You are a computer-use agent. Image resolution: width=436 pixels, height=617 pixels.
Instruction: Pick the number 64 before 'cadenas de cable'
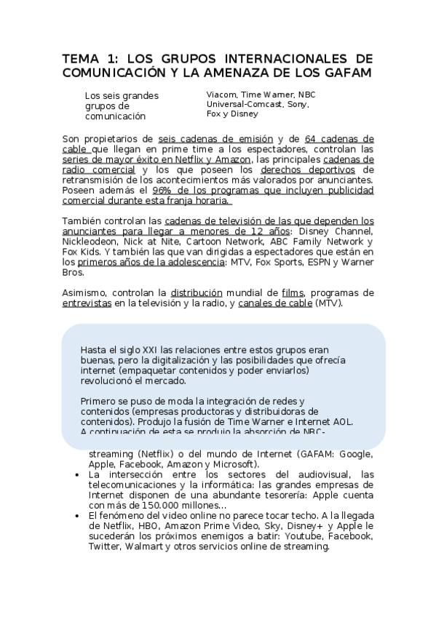[311, 138]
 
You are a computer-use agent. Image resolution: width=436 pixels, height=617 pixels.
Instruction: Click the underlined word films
[293, 292]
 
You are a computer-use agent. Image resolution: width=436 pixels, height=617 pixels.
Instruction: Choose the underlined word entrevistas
[87, 303]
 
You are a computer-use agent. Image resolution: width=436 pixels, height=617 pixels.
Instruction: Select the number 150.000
[155, 506]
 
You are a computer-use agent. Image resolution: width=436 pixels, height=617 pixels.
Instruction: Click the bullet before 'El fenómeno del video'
[79, 516]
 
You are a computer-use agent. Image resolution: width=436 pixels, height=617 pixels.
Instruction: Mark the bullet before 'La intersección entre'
[79, 475]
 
